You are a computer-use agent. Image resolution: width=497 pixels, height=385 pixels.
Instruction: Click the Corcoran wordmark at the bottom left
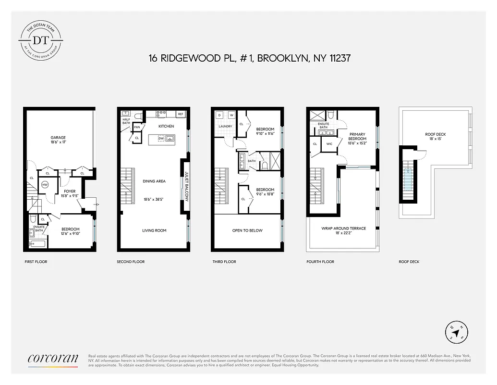coord(53,358)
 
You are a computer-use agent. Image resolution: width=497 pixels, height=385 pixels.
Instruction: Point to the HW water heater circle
coord(45,185)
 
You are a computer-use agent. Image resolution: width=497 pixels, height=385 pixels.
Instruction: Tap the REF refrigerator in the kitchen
coord(181,114)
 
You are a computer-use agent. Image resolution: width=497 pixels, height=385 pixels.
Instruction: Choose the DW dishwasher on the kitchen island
coord(160,139)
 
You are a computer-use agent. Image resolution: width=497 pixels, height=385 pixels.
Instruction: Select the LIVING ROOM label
coord(154,231)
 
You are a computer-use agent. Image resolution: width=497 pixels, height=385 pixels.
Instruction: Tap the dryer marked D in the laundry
coord(219,115)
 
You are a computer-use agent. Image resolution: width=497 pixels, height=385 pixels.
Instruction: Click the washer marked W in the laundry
coord(231,115)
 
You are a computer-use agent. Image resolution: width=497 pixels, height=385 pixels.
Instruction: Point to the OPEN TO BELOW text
coord(247,231)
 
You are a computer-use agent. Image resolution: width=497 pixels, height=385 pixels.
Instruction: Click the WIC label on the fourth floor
coord(329,144)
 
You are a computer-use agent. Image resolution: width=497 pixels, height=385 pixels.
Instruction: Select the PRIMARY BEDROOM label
coord(357,137)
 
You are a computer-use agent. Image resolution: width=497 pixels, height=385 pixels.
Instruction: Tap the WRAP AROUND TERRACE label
coord(343,228)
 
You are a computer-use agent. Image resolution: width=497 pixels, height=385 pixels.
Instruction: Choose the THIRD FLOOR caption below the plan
coord(224,262)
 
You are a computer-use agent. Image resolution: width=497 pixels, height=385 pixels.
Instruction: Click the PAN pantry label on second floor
coord(137,127)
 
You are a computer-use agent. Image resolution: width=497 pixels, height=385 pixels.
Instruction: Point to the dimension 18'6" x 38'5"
coord(154,199)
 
